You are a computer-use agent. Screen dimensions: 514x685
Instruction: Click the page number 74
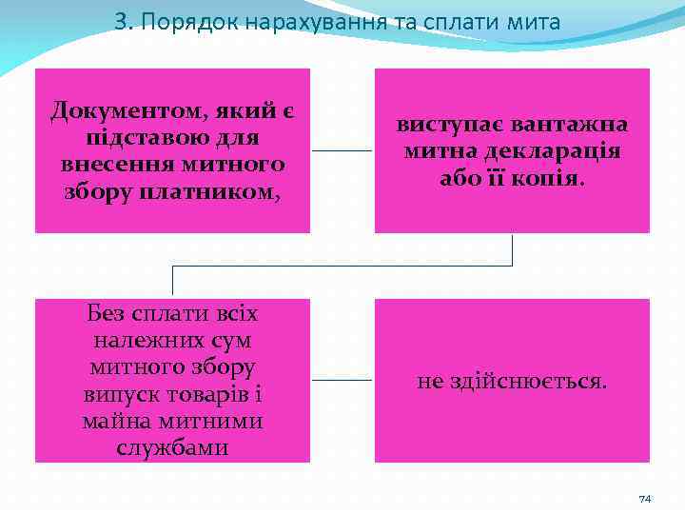pos(644,499)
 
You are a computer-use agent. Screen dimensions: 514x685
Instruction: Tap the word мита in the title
pos(535,21)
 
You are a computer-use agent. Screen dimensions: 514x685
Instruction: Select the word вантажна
pos(574,125)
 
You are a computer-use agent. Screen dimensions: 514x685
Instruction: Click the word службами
pos(172,446)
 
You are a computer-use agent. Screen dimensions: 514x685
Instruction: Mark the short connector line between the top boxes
pos(342,150)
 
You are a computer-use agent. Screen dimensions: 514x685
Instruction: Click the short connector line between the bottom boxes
pos(342,380)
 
